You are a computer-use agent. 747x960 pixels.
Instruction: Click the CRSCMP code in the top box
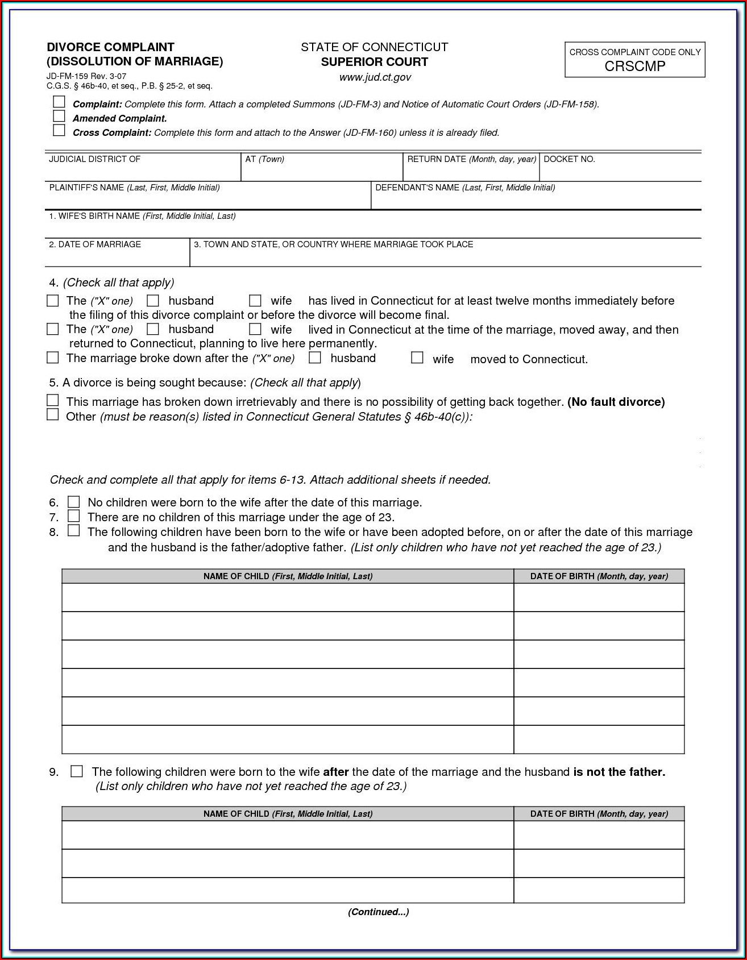click(x=634, y=66)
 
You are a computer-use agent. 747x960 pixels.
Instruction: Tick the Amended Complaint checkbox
click(x=59, y=117)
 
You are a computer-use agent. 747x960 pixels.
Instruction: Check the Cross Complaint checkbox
click(x=59, y=131)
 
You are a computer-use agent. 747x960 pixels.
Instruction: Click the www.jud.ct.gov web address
click(x=375, y=77)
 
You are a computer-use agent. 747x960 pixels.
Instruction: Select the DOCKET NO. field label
click(x=569, y=159)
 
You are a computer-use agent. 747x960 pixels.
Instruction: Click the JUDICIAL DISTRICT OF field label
click(x=94, y=159)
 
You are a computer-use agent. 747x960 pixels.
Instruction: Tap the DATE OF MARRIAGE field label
click(x=95, y=244)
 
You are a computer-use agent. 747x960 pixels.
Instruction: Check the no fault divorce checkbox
click(x=52, y=401)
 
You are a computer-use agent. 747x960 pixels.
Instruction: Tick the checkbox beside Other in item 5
click(x=52, y=415)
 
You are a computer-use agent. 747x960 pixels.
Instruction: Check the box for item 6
click(x=74, y=502)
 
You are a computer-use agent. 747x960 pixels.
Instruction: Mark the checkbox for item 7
click(x=74, y=516)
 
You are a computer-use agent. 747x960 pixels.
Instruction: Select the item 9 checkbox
click(x=77, y=771)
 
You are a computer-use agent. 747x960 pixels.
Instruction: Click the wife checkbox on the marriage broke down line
click(x=417, y=358)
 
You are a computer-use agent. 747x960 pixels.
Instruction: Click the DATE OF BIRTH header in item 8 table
click(x=599, y=576)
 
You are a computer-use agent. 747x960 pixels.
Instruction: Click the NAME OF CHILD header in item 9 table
click(x=288, y=814)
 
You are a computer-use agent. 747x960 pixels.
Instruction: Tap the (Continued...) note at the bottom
click(x=378, y=912)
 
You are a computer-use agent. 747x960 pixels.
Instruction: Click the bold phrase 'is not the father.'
click(x=619, y=772)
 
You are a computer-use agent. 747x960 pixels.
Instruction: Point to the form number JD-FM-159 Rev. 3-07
click(x=86, y=76)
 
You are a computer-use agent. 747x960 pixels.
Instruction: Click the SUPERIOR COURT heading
click(x=374, y=62)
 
